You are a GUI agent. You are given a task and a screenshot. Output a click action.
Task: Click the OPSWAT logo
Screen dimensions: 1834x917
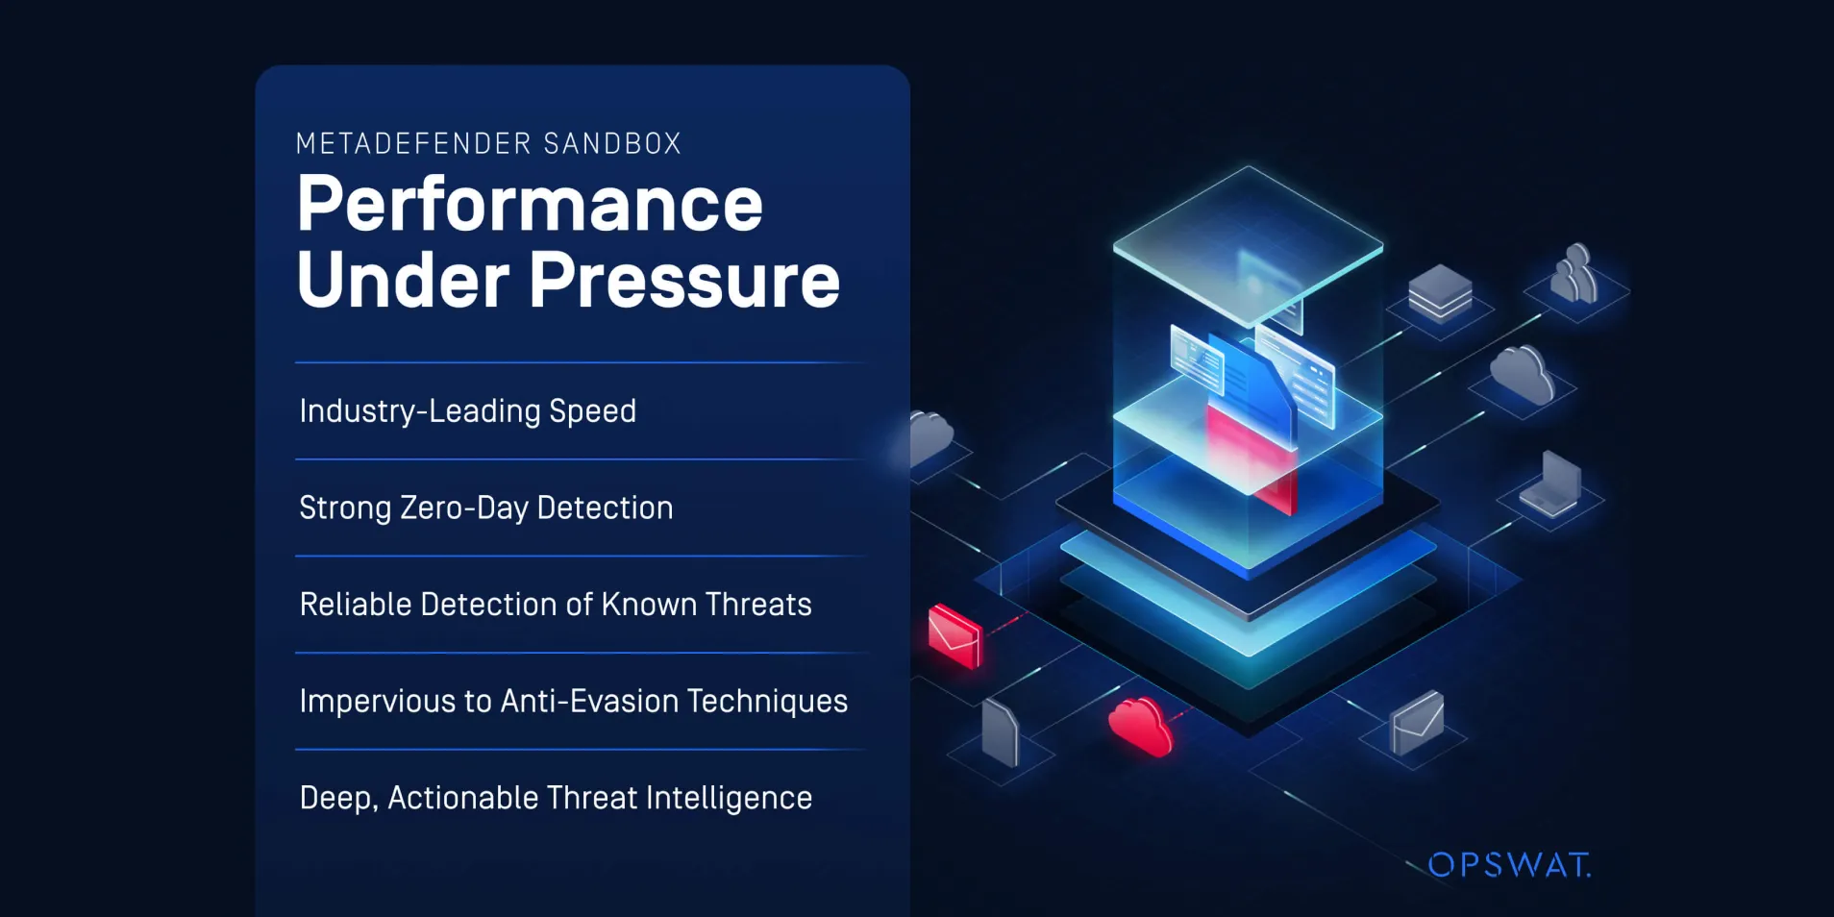click(1509, 865)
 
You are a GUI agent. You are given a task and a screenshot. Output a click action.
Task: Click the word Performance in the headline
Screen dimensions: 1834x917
click(531, 204)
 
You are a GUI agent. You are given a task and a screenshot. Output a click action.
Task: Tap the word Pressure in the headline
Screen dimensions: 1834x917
click(684, 280)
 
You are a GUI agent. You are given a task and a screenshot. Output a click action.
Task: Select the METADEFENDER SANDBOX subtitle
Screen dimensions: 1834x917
click(488, 143)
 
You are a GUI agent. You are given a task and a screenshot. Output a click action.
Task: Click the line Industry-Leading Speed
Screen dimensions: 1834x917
click(468, 410)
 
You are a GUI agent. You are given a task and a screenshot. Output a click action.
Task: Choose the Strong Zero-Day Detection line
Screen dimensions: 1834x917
click(486, 508)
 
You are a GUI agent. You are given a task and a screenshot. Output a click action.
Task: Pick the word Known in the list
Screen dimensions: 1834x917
click(649, 604)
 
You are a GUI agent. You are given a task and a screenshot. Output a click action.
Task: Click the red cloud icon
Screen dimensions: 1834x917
click(1140, 726)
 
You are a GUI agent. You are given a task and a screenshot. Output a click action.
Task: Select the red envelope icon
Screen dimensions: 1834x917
click(954, 635)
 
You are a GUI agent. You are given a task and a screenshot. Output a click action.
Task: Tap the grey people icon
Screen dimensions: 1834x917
click(1574, 273)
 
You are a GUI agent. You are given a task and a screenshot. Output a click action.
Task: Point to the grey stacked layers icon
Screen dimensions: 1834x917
click(1440, 291)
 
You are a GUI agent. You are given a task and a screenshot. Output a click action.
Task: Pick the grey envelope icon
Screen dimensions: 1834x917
click(1418, 723)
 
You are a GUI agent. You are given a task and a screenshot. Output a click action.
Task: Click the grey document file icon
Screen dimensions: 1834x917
click(1000, 732)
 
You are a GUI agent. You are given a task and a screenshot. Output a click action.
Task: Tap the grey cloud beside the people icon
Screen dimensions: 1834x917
click(1523, 374)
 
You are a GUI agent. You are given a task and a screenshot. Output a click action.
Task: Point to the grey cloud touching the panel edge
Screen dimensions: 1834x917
click(930, 439)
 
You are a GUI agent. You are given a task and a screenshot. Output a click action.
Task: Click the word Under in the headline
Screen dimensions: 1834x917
click(404, 280)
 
